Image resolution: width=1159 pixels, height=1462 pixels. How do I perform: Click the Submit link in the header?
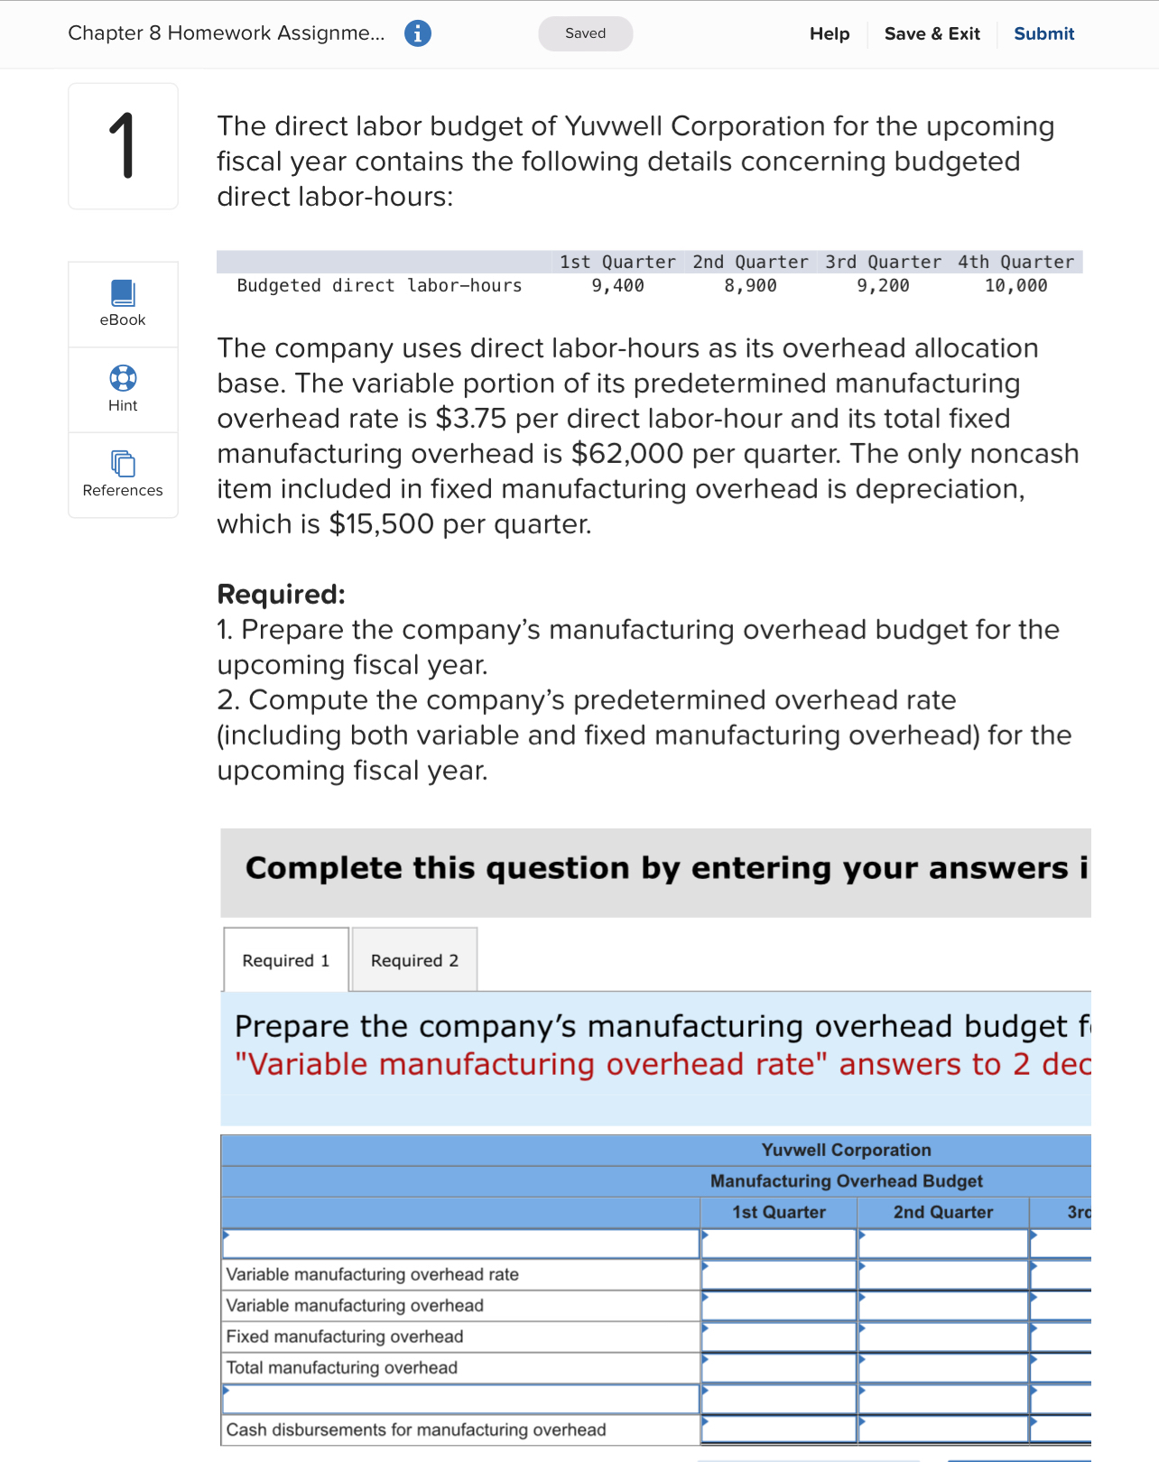point(1043,33)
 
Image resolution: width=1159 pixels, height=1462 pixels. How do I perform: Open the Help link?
point(829,33)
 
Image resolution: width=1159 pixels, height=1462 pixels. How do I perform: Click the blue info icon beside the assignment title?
point(417,33)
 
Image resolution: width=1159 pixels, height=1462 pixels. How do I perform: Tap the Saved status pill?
point(585,33)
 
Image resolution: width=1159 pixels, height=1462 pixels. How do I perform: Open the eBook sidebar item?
point(123,303)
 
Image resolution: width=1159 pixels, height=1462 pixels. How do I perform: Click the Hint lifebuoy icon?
point(123,377)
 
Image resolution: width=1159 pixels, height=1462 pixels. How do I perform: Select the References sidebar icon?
point(123,463)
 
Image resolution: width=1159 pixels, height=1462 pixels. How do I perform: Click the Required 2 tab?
point(414,960)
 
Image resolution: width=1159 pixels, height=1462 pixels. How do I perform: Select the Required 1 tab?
point(286,960)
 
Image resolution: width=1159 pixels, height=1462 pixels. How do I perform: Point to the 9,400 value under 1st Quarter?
point(617,286)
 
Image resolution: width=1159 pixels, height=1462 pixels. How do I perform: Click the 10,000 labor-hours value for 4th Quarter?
point(1015,286)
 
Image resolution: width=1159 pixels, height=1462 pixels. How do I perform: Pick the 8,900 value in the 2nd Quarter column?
point(750,286)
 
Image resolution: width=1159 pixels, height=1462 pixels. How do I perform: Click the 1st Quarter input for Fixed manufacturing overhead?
point(779,1337)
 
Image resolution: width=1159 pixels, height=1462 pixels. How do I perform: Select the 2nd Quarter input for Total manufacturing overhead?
point(943,1368)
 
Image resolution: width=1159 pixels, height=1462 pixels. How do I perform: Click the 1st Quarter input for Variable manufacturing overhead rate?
point(779,1275)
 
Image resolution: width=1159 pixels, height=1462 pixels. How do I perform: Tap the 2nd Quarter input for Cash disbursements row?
point(943,1430)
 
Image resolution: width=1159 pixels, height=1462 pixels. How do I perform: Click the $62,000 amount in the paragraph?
point(627,453)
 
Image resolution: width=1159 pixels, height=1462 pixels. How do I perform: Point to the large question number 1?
point(123,146)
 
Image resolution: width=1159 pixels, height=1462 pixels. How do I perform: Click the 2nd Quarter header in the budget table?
point(942,1212)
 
